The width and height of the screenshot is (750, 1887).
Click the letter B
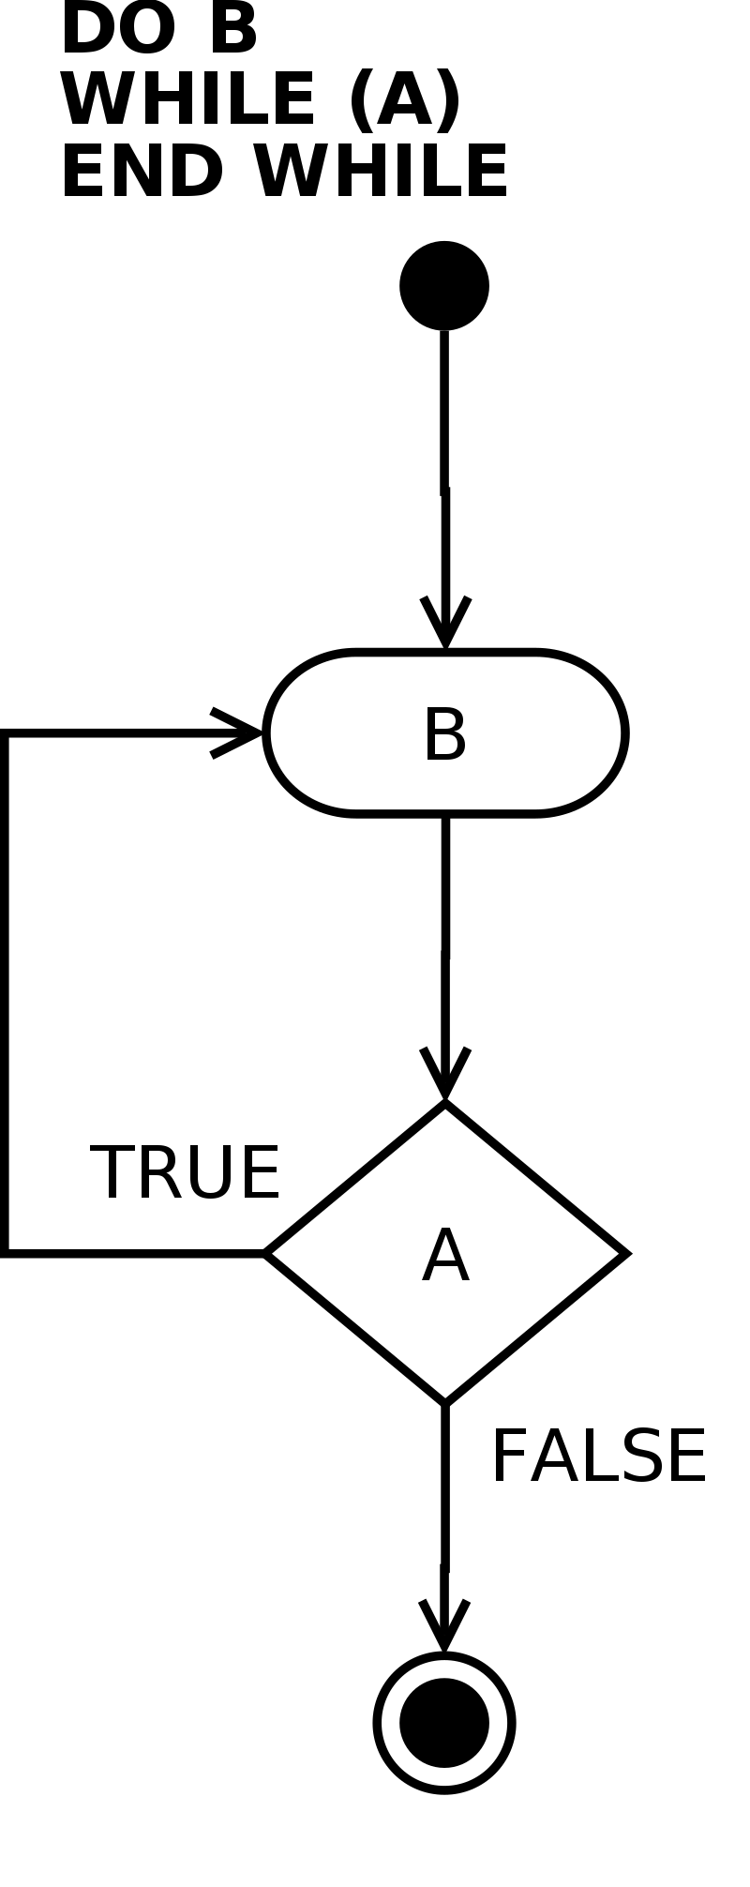pos(444,735)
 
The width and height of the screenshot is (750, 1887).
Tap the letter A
pos(445,1257)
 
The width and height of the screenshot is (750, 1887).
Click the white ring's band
pos(444,1669)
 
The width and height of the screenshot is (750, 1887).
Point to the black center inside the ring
pos(444,1723)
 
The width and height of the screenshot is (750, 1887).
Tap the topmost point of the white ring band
pos(444,1664)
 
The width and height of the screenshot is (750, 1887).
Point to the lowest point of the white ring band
pos(444,1781)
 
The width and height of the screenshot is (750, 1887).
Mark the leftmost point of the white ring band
pos(385,1723)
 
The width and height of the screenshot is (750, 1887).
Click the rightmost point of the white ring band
pos(503,1723)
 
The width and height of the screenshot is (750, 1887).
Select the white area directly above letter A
pos(445,1182)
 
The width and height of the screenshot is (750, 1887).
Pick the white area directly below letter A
pos(445,1332)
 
